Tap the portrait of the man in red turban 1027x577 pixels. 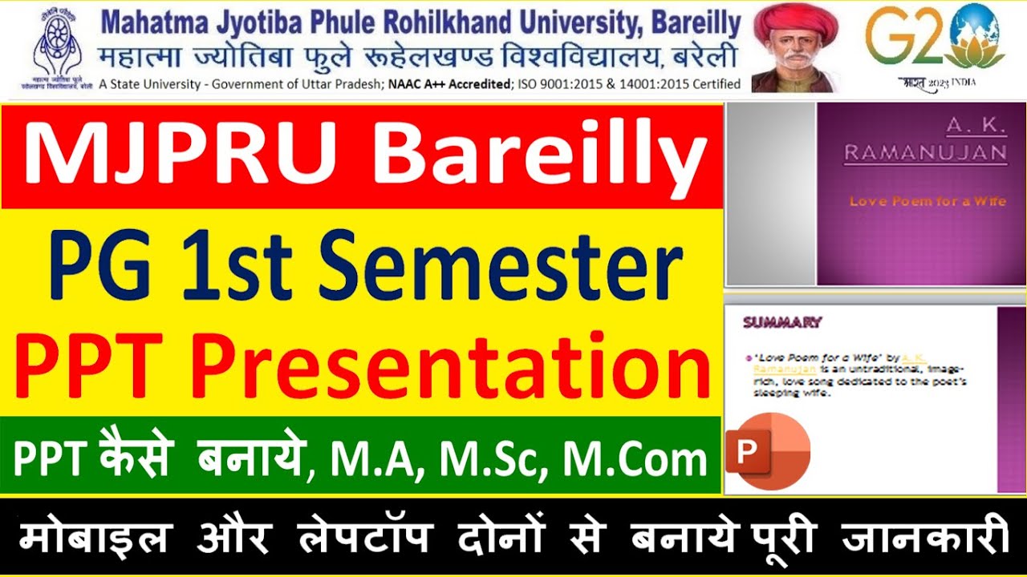(794, 48)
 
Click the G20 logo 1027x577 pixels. (935, 44)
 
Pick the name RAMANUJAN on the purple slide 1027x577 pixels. (925, 152)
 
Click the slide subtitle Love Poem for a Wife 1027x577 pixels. (927, 201)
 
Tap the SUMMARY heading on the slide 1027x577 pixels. (781, 323)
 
